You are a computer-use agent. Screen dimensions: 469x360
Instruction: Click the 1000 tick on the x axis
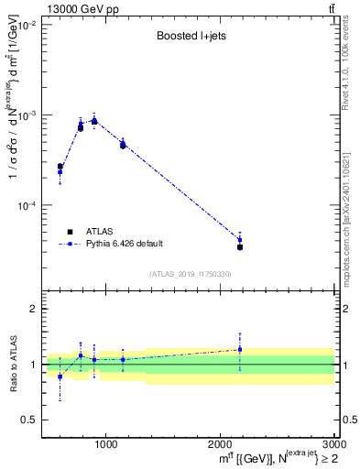pos(105,446)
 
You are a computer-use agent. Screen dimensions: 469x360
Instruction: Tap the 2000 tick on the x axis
pos(220,446)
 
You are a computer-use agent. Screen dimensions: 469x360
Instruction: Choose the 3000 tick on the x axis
pos(333,446)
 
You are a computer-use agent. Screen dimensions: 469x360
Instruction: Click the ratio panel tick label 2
pos(32,310)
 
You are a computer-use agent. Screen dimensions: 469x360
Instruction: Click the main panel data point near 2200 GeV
pos(240,246)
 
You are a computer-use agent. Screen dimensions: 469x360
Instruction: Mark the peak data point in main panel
pos(94,121)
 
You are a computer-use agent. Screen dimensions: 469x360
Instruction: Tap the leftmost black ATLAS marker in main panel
pos(60,167)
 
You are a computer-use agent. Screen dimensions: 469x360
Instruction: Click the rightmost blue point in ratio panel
pos(240,349)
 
